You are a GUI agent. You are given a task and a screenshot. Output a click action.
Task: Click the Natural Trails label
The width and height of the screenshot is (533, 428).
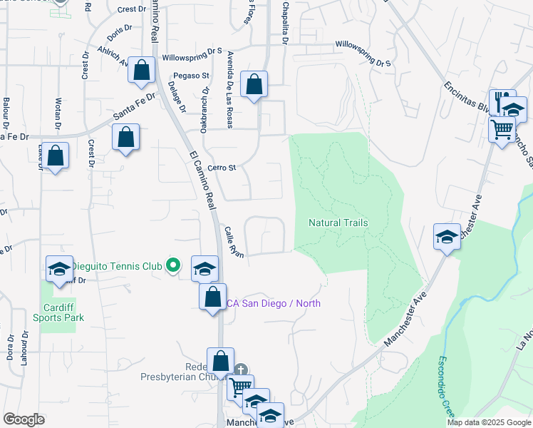(x=338, y=223)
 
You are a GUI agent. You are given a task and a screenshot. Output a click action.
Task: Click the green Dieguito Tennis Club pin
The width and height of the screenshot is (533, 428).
(x=172, y=266)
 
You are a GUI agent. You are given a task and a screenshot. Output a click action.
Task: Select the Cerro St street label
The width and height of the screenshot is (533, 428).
(x=222, y=168)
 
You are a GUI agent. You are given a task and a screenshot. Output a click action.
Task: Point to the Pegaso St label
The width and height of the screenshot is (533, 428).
(x=190, y=75)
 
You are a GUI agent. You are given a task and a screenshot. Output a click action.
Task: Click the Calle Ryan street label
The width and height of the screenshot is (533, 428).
(x=234, y=242)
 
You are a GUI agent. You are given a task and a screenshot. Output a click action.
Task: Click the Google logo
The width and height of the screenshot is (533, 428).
(x=24, y=419)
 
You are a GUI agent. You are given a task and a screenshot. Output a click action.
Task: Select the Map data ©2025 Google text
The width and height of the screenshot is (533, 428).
(x=489, y=422)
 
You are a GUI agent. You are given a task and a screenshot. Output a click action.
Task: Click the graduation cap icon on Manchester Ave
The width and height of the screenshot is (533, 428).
(x=447, y=236)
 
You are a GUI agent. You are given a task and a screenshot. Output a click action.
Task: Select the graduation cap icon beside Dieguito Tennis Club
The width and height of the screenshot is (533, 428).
(x=205, y=268)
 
